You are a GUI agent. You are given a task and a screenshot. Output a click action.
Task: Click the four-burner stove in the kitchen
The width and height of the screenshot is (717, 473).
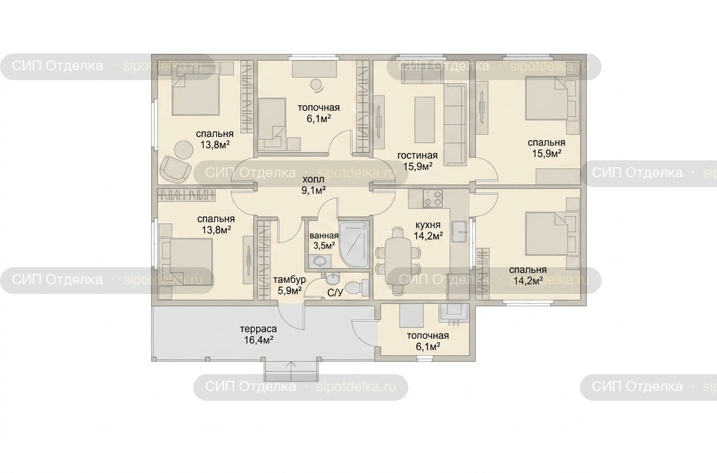[433, 198]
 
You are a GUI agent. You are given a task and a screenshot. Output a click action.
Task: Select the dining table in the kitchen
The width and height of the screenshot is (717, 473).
[398, 261]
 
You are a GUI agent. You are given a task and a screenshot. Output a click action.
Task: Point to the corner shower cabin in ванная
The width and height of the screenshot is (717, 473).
[354, 245]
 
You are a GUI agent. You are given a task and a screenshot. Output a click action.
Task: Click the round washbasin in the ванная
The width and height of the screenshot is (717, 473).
[319, 262]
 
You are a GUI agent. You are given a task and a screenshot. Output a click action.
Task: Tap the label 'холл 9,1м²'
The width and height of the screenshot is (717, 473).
[313, 185]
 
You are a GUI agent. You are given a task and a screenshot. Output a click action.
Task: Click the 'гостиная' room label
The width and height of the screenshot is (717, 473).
[417, 156]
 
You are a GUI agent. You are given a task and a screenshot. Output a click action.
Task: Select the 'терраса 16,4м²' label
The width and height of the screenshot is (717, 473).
[258, 334]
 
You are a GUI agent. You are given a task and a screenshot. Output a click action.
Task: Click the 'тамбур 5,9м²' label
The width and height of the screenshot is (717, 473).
[289, 285]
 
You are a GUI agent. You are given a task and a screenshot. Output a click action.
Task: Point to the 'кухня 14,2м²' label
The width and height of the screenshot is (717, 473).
[428, 230]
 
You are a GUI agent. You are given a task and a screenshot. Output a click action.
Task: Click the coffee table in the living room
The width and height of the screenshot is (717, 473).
[425, 120]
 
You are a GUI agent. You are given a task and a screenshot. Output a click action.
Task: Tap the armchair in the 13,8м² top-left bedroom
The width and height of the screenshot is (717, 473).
[175, 169]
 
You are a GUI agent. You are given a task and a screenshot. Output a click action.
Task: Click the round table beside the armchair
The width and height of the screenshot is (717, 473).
[183, 150]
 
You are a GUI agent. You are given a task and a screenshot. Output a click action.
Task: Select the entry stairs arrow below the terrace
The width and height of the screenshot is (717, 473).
[292, 368]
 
